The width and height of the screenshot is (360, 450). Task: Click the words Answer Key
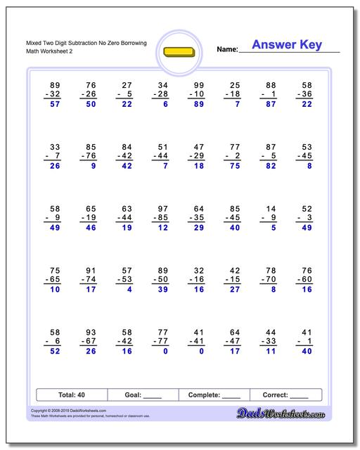click(286, 45)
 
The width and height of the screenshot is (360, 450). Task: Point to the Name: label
click(227, 49)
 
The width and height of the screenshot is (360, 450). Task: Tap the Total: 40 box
click(70, 395)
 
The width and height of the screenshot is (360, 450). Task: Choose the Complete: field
click(214, 395)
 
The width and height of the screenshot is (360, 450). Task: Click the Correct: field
click(285, 395)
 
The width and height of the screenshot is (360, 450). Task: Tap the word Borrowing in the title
click(132, 44)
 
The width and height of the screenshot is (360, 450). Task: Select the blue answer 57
click(56, 105)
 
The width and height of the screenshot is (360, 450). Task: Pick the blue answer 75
click(234, 167)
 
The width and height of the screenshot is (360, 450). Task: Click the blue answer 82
click(270, 167)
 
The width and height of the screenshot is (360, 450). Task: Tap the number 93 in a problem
click(91, 331)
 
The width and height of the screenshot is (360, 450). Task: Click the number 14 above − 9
click(270, 208)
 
